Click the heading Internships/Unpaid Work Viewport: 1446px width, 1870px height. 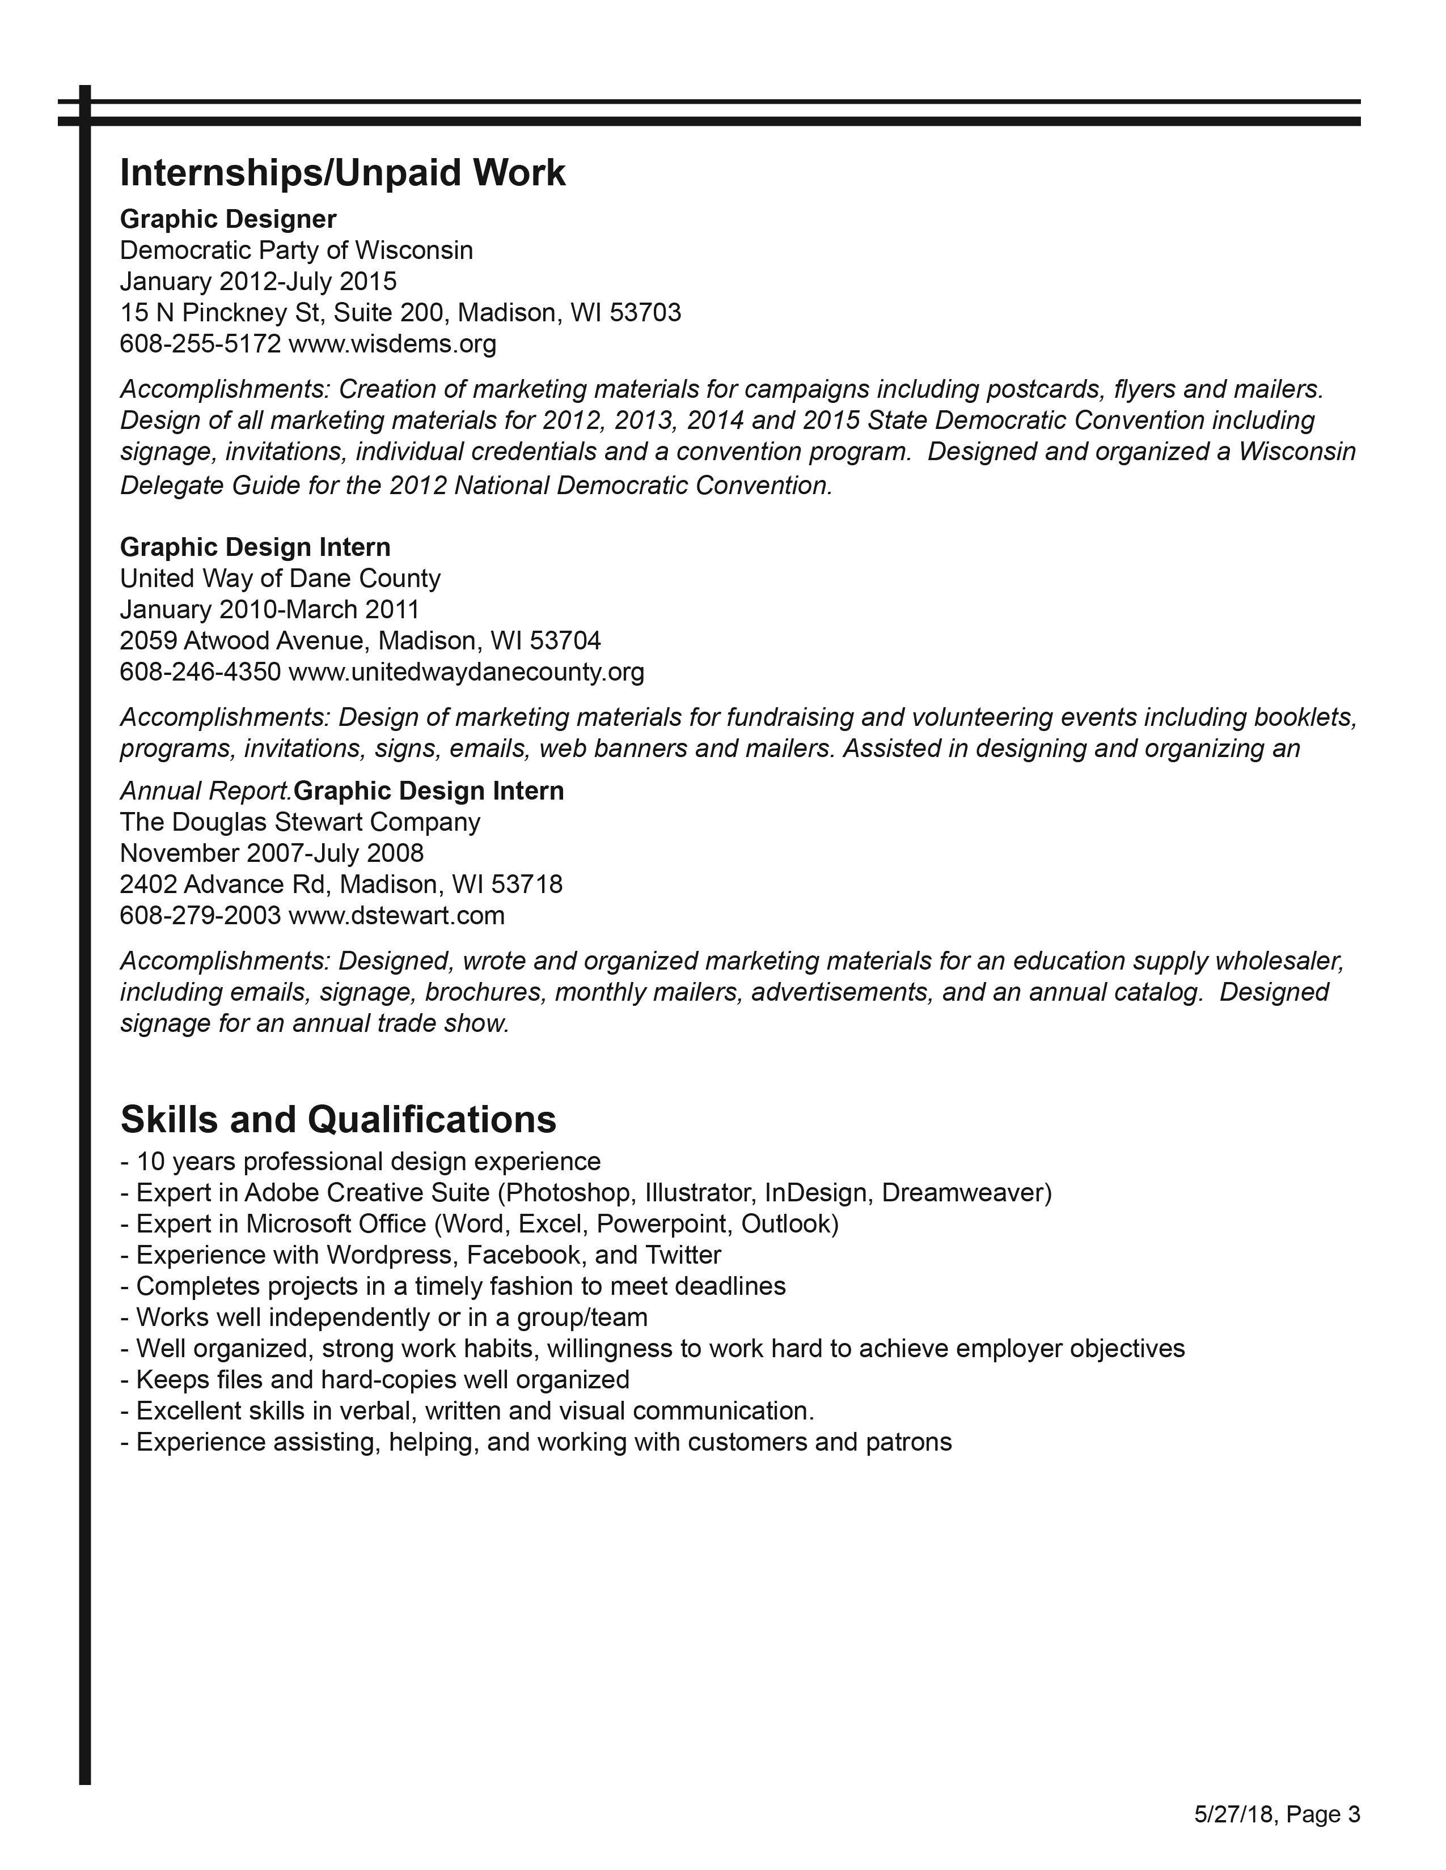[343, 173]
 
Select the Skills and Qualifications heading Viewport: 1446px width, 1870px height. [339, 1119]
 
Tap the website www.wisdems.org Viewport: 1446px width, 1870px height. [392, 344]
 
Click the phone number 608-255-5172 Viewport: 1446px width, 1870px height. [200, 344]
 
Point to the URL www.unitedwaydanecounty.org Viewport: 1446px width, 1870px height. [466, 672]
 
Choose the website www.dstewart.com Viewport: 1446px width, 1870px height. [396, 915]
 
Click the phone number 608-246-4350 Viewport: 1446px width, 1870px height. [200, 672]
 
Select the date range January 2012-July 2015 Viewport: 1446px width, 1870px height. [258, 282]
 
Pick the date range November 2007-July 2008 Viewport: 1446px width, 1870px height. [272, 853]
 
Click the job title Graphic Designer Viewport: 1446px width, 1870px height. [228, 219]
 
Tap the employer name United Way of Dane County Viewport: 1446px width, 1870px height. [280, 579]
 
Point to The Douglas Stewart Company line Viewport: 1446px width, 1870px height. [300, 822]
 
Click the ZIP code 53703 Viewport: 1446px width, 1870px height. [645, 313]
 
